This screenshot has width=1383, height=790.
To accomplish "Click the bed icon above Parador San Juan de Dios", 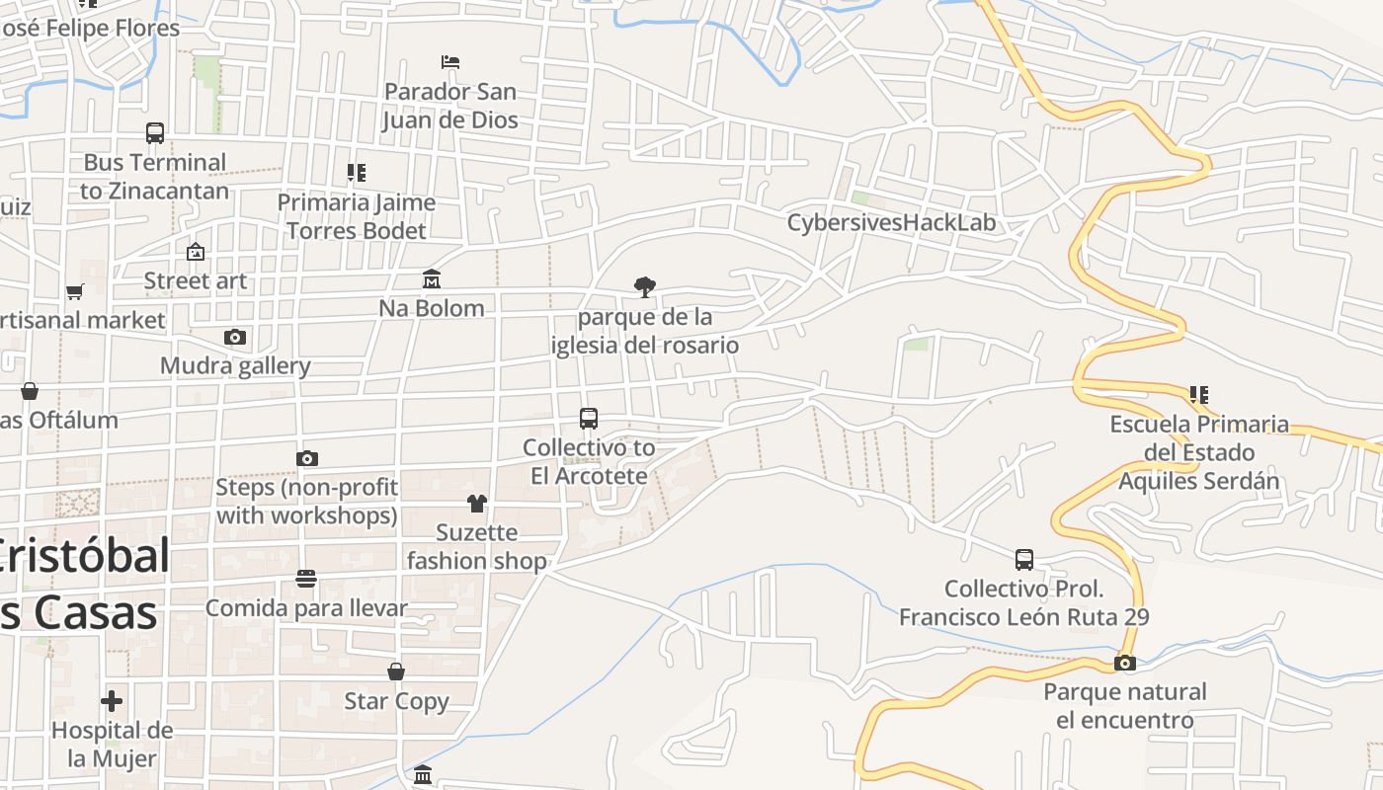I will [450, 62].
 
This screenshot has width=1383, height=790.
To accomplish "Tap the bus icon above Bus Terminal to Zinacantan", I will [155, 133].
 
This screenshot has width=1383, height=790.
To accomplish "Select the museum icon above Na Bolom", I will [432, 279].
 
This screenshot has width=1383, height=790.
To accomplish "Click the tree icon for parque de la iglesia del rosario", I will [645, 287].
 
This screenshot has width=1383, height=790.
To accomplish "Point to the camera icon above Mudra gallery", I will [234, 337].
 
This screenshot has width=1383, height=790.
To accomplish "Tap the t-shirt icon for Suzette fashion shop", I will [477, 504].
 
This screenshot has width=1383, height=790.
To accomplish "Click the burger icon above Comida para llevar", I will [306, 578].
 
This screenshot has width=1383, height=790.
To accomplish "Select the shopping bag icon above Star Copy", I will [396, 671].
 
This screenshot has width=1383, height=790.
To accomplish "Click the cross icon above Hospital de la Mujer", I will [112, 701].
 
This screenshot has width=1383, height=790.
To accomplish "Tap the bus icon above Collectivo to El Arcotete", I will [589, 419].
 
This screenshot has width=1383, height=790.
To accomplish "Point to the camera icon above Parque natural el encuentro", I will [1124, 663].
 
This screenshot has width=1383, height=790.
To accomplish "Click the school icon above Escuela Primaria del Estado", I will [1199, 395].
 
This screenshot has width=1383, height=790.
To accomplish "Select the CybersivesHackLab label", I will [891, 223].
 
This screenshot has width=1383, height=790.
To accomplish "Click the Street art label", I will [196, 281].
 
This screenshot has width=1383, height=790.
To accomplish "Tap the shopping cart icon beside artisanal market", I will [74, 291].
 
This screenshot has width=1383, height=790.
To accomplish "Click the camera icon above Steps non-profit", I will [307, 458].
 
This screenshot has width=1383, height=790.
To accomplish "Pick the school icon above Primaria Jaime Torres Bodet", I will [357, 173].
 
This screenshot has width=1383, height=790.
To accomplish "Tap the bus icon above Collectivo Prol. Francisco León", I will [1024, 560].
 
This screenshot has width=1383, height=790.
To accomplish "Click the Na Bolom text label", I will [432, 308].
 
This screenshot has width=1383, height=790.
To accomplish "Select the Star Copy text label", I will [396, 701].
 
